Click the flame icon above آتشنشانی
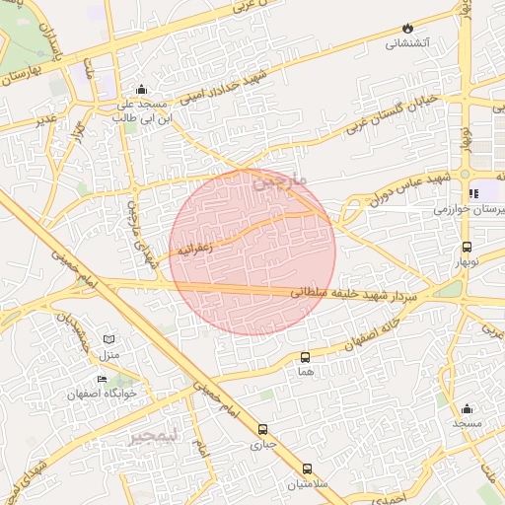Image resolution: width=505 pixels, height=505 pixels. click(x=408, y=29)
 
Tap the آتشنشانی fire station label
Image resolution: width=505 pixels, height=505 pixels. click(x=407, y=43)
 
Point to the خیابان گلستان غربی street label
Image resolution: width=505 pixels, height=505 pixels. click(x=402, y=113)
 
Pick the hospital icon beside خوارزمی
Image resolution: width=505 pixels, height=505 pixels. click(x=473, y=193)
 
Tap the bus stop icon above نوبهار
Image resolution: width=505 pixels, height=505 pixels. click(x=466, y=247)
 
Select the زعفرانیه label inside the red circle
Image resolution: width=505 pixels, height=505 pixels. click(x=196, y=248)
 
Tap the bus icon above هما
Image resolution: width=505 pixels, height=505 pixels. click(x=304, y=357)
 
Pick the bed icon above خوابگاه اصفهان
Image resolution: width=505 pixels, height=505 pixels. click(x=102, y=379)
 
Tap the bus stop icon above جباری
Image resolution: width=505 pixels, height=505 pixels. click(x=262, y=429)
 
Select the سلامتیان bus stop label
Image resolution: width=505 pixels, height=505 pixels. click(x=307, y=484)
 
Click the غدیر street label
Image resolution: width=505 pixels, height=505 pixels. click(x=45, y=120)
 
